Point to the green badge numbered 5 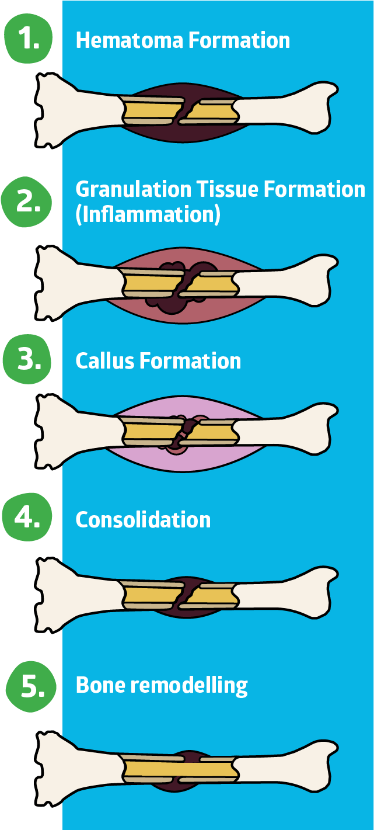click(x=32, y=686)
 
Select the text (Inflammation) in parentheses click(x=148, y=214)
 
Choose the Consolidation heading click(x=143, y=519)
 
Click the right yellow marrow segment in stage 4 click(x=211, y=595)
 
